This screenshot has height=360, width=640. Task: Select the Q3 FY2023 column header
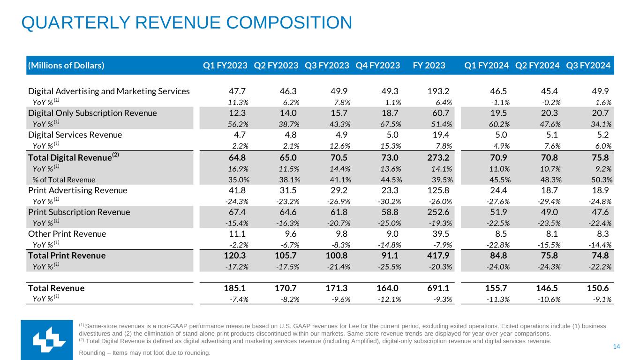(x=327, y=66)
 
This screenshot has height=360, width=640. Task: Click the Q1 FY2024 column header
(x=486, y=66)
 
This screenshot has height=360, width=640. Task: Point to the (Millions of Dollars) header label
(x=66, y=66)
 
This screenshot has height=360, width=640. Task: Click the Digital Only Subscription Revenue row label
(x=92, y=113)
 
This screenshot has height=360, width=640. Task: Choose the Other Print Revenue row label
(x=67, y=234)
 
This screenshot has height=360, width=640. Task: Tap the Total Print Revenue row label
(x=67, y=255)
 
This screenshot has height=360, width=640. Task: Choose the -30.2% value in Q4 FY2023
(x=390, y=202)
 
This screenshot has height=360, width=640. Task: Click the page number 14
(x=617, y=346)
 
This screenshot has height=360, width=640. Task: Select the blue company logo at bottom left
(x=46, y=340)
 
